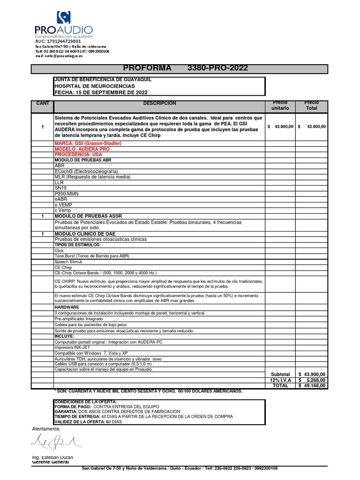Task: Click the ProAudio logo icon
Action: point(63,18)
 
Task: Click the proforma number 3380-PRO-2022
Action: point(217,68)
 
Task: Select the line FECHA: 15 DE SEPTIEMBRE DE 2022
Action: point(101,92)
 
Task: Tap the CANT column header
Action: point(42,103)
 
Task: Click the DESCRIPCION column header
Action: point(160,103)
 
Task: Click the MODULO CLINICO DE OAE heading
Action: point(85,233)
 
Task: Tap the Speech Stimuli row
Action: point(68,262)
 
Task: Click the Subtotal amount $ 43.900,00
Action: point(312,374)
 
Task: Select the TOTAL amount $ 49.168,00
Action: point(312,385)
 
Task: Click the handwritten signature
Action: point(54,441)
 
